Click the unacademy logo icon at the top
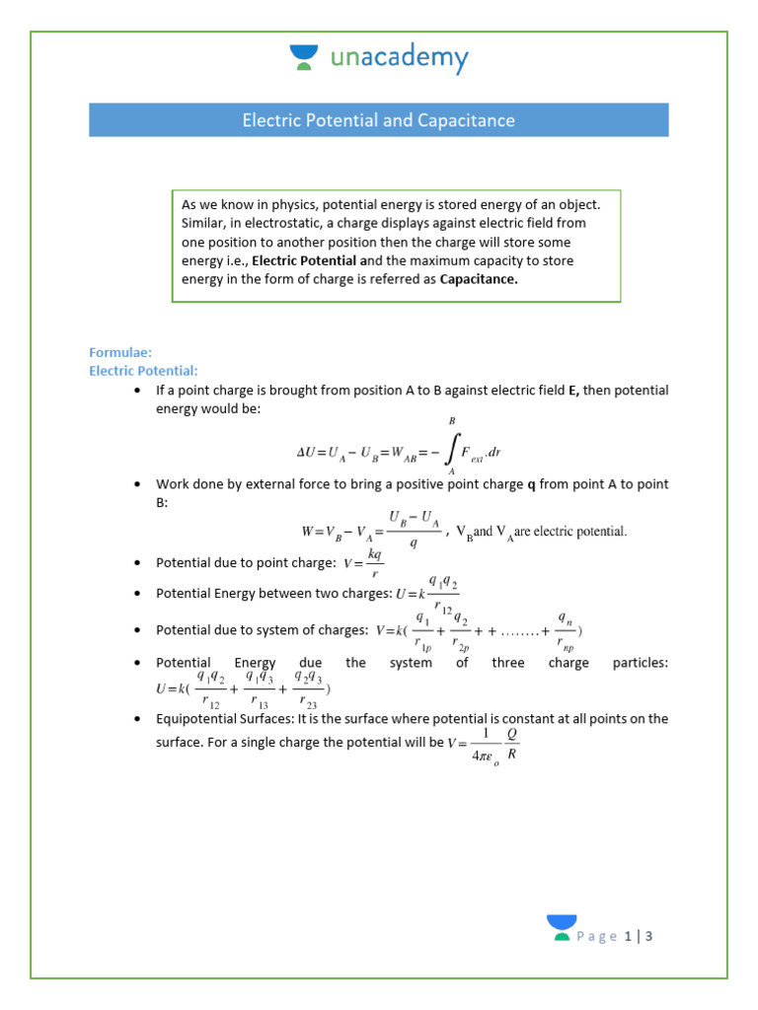pyautogui.click(x=304, y=57)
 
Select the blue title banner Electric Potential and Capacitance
pyautogui.click(x=379, y=120)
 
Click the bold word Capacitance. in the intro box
pyautogui.click(x=479, y=279)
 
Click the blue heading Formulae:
pyautogui.click(x=119, y=352)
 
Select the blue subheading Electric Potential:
pyautogui.click(x=144, y=371)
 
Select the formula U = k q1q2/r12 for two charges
pyautogui.click(x=427, y=594)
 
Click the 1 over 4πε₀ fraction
pyautogui.click(x=479, y=746)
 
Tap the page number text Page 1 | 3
pyautogui.click(x=616, y=936)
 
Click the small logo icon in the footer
pyautogui.click(x=562, y=928)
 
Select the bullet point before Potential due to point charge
pyautogui.click(x=136, y=563)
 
